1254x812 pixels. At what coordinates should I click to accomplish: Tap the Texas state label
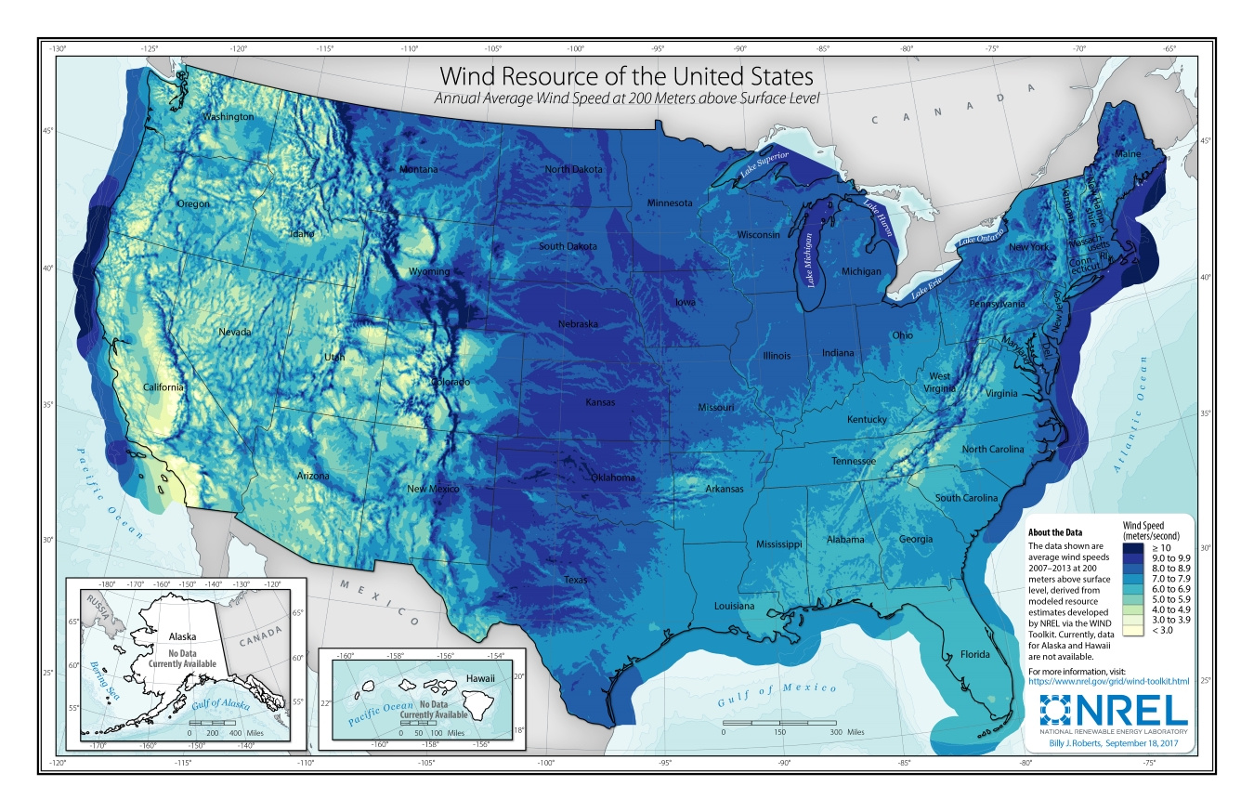pos(576,580)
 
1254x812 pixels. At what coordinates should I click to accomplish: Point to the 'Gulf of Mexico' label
pos(778,691)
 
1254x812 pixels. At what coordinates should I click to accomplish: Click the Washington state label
pos(229,117)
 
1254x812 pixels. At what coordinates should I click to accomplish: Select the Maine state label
pos(1129,153)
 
